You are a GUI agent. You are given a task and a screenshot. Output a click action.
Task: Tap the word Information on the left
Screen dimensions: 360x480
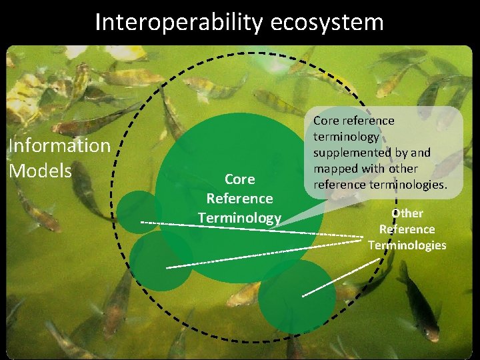[59, 145]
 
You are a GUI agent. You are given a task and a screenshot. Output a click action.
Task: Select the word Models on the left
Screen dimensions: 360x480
[40, 171]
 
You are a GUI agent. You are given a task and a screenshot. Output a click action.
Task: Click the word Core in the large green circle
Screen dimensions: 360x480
[239, 179]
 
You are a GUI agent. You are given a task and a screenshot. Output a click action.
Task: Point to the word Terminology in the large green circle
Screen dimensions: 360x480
[239, 217]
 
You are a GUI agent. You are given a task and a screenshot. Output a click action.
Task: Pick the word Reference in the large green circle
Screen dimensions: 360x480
[239, 199]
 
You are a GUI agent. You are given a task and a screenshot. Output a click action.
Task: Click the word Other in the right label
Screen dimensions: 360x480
[407, 213]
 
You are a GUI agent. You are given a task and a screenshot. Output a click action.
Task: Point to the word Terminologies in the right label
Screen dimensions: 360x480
[407, 245]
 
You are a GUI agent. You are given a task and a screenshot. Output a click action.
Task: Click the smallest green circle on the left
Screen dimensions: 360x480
[139, 211]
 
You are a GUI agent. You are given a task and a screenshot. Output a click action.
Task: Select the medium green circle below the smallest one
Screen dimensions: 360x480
[161, 260]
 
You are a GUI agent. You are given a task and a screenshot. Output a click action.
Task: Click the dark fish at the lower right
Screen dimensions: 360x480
[417, 300]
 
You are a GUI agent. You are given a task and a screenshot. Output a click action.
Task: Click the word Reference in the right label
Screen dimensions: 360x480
[407, 229]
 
